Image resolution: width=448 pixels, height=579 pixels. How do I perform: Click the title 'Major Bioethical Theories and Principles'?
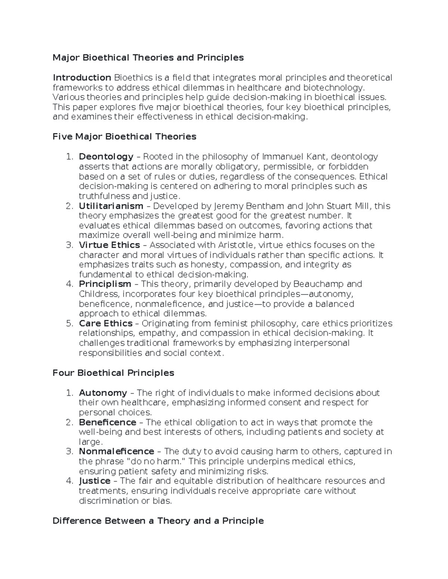click(x=148, y=58)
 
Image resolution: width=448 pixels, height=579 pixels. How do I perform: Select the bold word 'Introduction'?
click(x=82, y=78)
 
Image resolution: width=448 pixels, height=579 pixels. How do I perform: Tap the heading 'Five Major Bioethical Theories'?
click(x=124, y=137)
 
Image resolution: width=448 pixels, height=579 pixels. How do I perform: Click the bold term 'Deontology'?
click(x=106, y=157)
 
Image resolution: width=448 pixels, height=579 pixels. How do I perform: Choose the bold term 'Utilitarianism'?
click(x=111, y=206)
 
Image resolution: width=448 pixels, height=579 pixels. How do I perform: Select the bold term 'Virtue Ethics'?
click(x=109, y=245)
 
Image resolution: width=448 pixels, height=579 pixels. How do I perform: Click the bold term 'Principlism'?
click(x=105, y=284)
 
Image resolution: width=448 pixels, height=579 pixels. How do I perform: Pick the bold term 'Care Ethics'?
click(x=106, y=324)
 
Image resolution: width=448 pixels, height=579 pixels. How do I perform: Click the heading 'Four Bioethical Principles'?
click(x=113, y=373)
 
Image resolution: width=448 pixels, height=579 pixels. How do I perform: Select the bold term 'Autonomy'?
click(x=103, y=393)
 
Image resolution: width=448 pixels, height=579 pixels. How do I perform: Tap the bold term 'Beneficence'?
click(x=108, y=422)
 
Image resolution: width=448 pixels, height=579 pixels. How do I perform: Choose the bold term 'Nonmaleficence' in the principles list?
click(x=116, y=452)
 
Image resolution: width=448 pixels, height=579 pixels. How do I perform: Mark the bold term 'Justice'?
click(x=94, y=481)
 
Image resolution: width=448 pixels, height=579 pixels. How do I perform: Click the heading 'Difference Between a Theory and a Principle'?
click(x=158, y=521)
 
